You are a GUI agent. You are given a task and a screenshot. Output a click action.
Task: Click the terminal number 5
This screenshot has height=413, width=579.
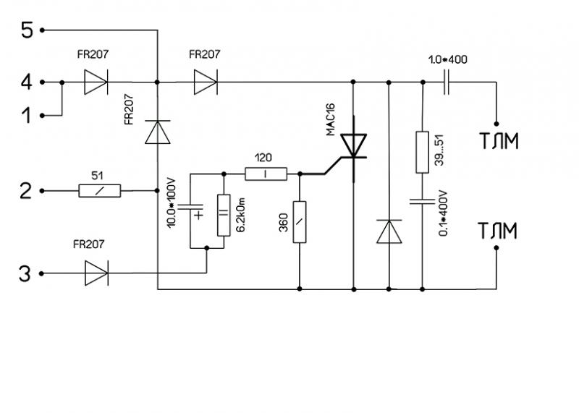27,30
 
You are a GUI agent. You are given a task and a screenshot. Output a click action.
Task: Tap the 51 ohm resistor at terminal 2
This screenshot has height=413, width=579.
99,191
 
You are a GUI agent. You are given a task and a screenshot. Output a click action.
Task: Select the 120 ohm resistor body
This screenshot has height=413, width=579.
266,174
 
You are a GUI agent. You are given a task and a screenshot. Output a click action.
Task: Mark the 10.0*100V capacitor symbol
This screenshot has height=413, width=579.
191,210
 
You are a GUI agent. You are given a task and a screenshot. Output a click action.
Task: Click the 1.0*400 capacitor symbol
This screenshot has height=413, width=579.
447,82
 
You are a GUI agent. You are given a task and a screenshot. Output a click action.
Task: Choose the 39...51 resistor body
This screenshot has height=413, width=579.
421,152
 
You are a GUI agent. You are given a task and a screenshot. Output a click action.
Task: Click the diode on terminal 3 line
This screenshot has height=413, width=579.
96,273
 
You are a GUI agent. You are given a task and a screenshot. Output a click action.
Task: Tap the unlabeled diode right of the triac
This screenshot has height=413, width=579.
389,231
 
